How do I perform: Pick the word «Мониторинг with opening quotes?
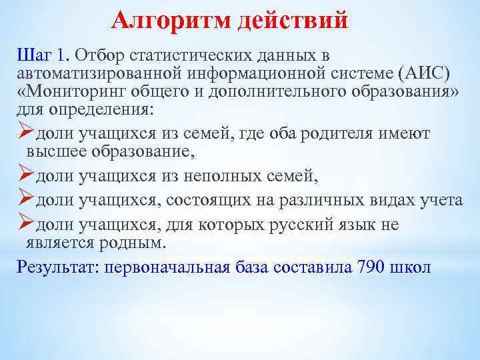(x=69, y=90)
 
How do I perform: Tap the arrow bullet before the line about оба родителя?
(x=25, y=133)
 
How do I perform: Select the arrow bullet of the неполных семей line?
(x=25, y=176)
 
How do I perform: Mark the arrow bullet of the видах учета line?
(x=25, y=200)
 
